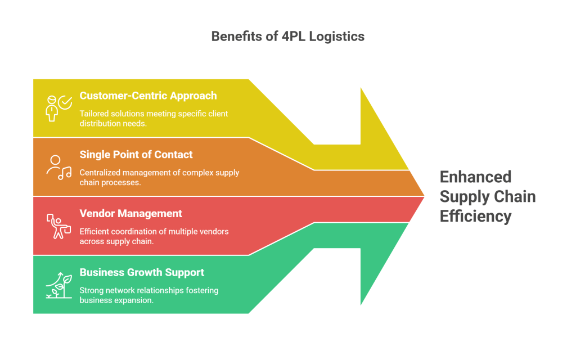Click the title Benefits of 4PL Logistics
click(287, 37)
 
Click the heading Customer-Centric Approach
click(148, 96)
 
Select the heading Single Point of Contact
click(136, 155)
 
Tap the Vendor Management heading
click(130, 214)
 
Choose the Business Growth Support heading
click(142, 273)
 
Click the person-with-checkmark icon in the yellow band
click(58, 107)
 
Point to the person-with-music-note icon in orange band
click(58, 167)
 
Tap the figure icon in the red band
click(58, 226)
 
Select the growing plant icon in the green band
click(58, 285)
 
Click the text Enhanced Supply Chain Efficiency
click(487, 196)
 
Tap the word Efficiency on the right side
click(475, 216)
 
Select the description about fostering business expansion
click(148, 295)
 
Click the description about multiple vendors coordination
click(154, 236)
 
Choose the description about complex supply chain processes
click(159, 177)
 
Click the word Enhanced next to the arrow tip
click(475, 177)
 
